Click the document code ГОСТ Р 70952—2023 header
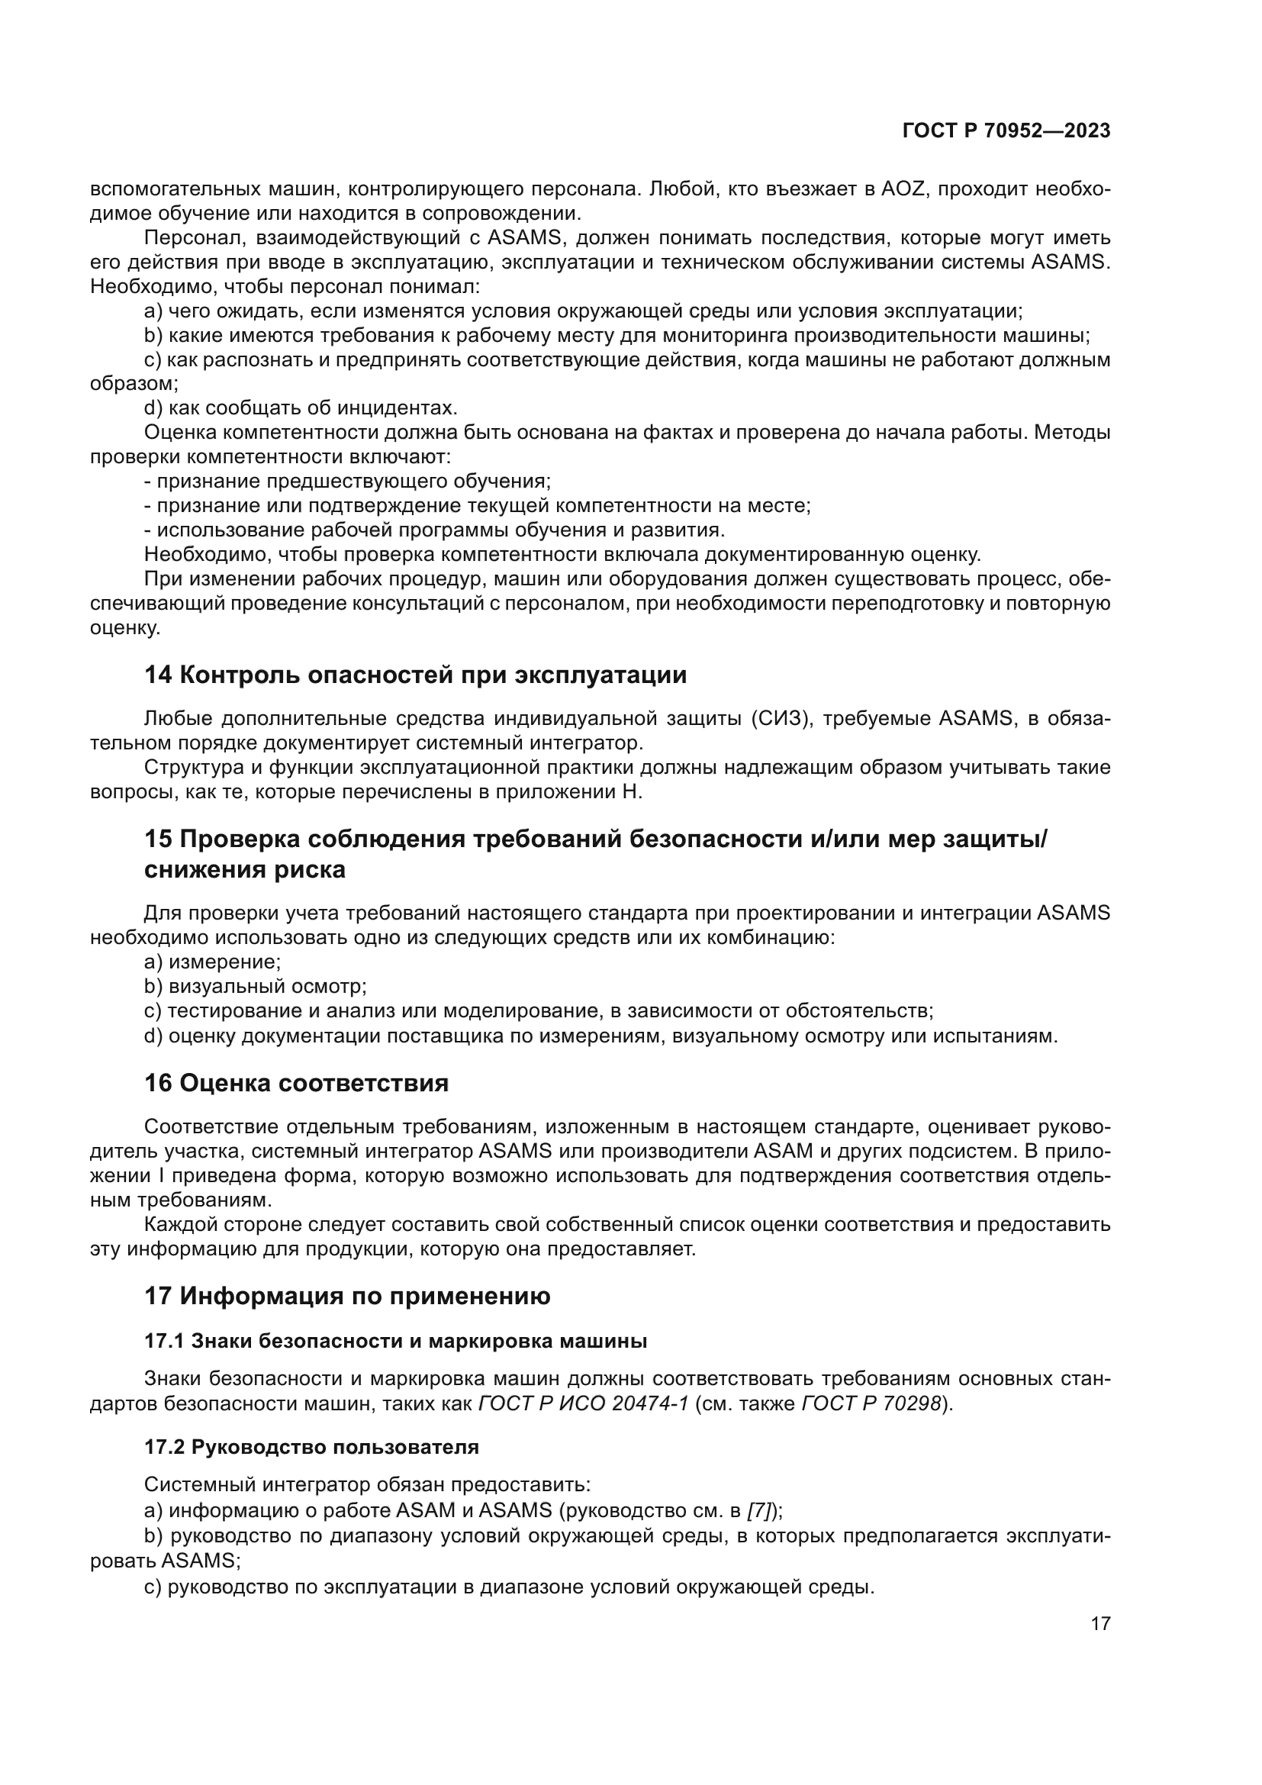pyautogui.click(x=1006, y=130)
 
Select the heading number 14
pyautogui.click(x=158, y=675)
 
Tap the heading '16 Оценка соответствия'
pyautogui.click(x=296, y=1083)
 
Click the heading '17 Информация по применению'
pyautogui.click(x=347, y=1296)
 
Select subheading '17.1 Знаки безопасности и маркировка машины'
pyautogui.click(x=395, y=1341)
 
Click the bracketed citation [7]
pyautogui.click(x=758, y=1510)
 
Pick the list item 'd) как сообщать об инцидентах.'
pyautogui.click(x=301, y=408)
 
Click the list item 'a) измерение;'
pyautogui.click(x=212, y=962)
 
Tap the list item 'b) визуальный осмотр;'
pyautogui.click(x=255, y=987)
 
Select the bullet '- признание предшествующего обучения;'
pyautogui.click(x=347, y=482)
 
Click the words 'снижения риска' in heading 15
pyautogui.click(x=245, y=869)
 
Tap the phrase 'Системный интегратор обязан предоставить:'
pyautogui.click(x=368, y=1485)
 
